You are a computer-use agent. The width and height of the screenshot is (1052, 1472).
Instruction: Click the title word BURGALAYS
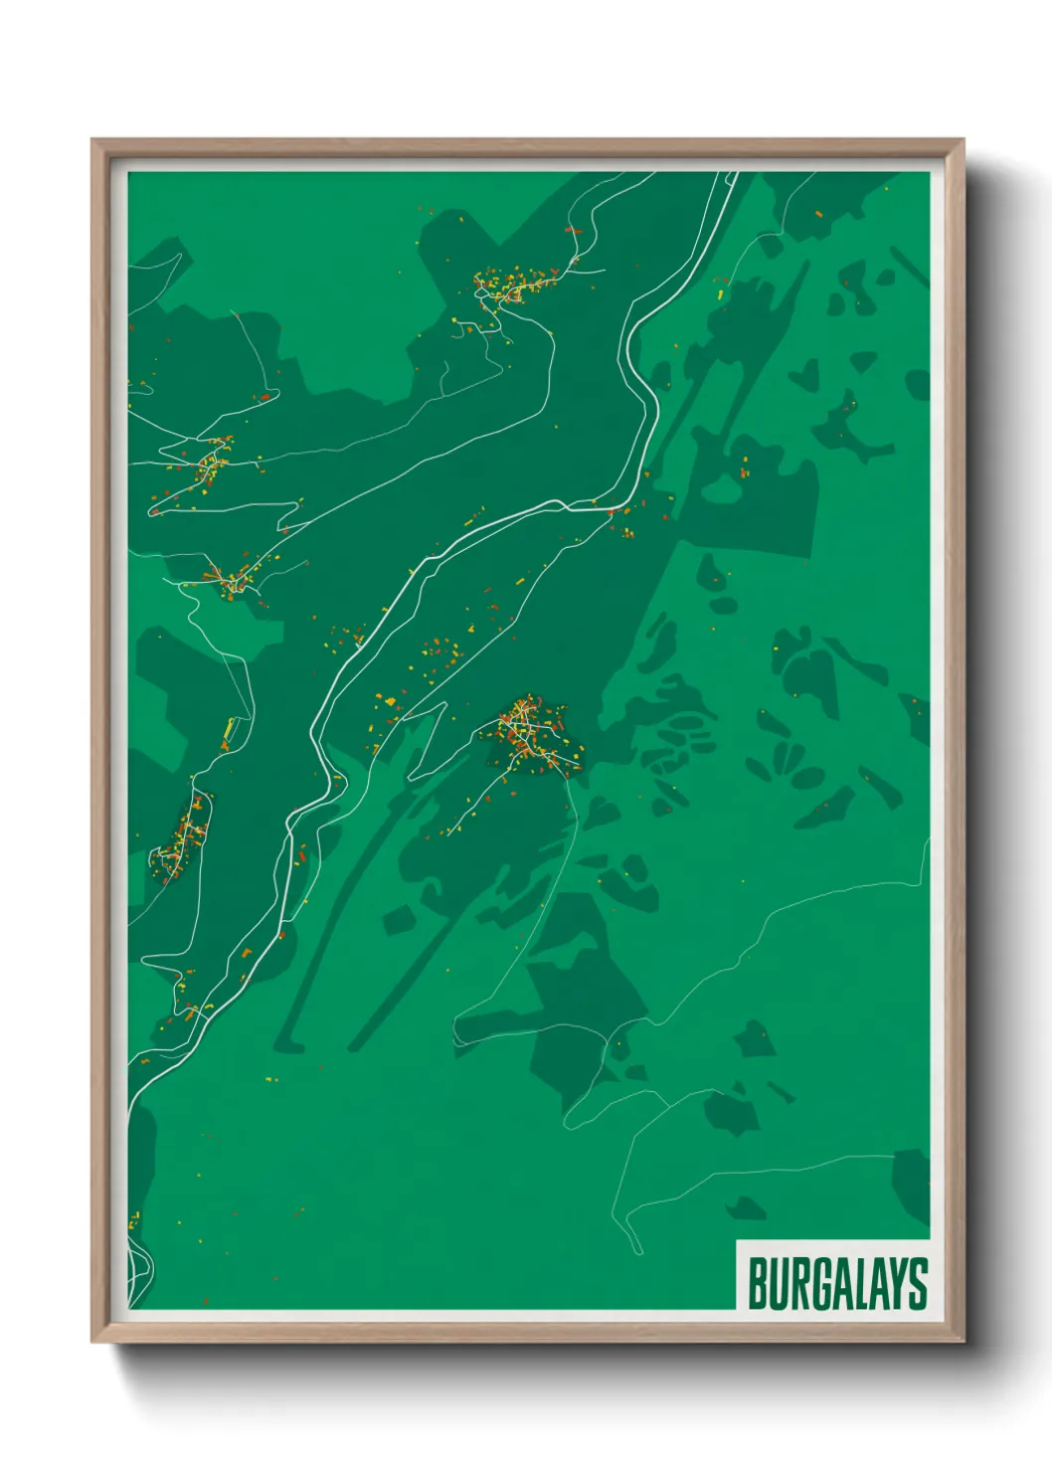coord(836,1282)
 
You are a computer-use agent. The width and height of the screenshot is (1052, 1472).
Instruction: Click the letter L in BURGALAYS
coord(856,1283)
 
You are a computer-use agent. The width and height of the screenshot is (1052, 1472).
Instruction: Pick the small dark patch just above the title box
coord(746,1207)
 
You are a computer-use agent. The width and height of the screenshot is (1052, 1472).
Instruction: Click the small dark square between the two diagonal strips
coord(399,920)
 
